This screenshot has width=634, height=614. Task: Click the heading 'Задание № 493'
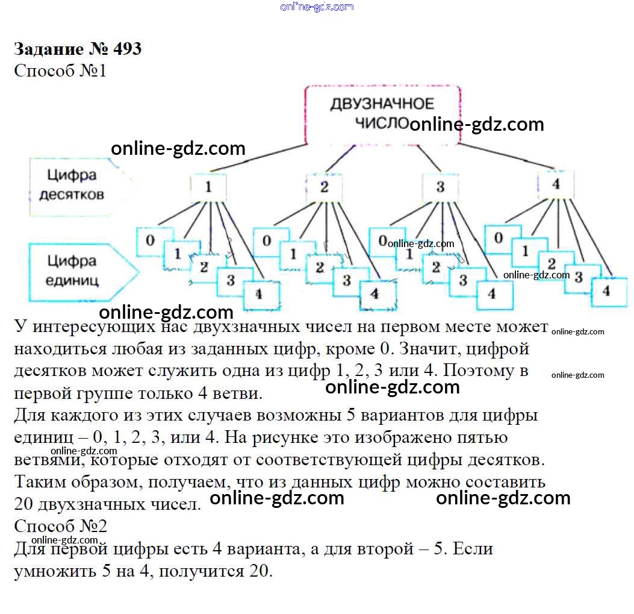[x=78, y=48]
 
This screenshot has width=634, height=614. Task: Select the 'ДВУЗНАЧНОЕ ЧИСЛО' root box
[x=382, y=113]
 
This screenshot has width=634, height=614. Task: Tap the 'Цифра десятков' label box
[x=72, y=185]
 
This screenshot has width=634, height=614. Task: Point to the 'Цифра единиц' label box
[x=72, y=271]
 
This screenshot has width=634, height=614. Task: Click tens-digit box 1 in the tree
[x=208, y=187]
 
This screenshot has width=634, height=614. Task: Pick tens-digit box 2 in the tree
[x=324, y=187]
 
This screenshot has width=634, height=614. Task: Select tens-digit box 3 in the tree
[x=440, y=187]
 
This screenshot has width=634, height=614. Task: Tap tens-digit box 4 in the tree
[x=555, y=184]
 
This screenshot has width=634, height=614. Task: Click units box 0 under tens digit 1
[x=151, y=241]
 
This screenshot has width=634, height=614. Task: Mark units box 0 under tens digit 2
[x=267, y=241]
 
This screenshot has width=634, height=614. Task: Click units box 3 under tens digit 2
[x=347, y=280]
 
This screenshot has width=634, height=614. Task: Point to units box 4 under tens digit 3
[x=492, y=294]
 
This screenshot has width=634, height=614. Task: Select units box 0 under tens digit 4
[x=499, y=238]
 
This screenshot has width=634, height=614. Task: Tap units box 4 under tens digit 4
[x=606, y=290]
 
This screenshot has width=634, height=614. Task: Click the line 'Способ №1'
[x=60, y=70]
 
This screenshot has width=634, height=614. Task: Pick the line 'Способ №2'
[x=60, y=526]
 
